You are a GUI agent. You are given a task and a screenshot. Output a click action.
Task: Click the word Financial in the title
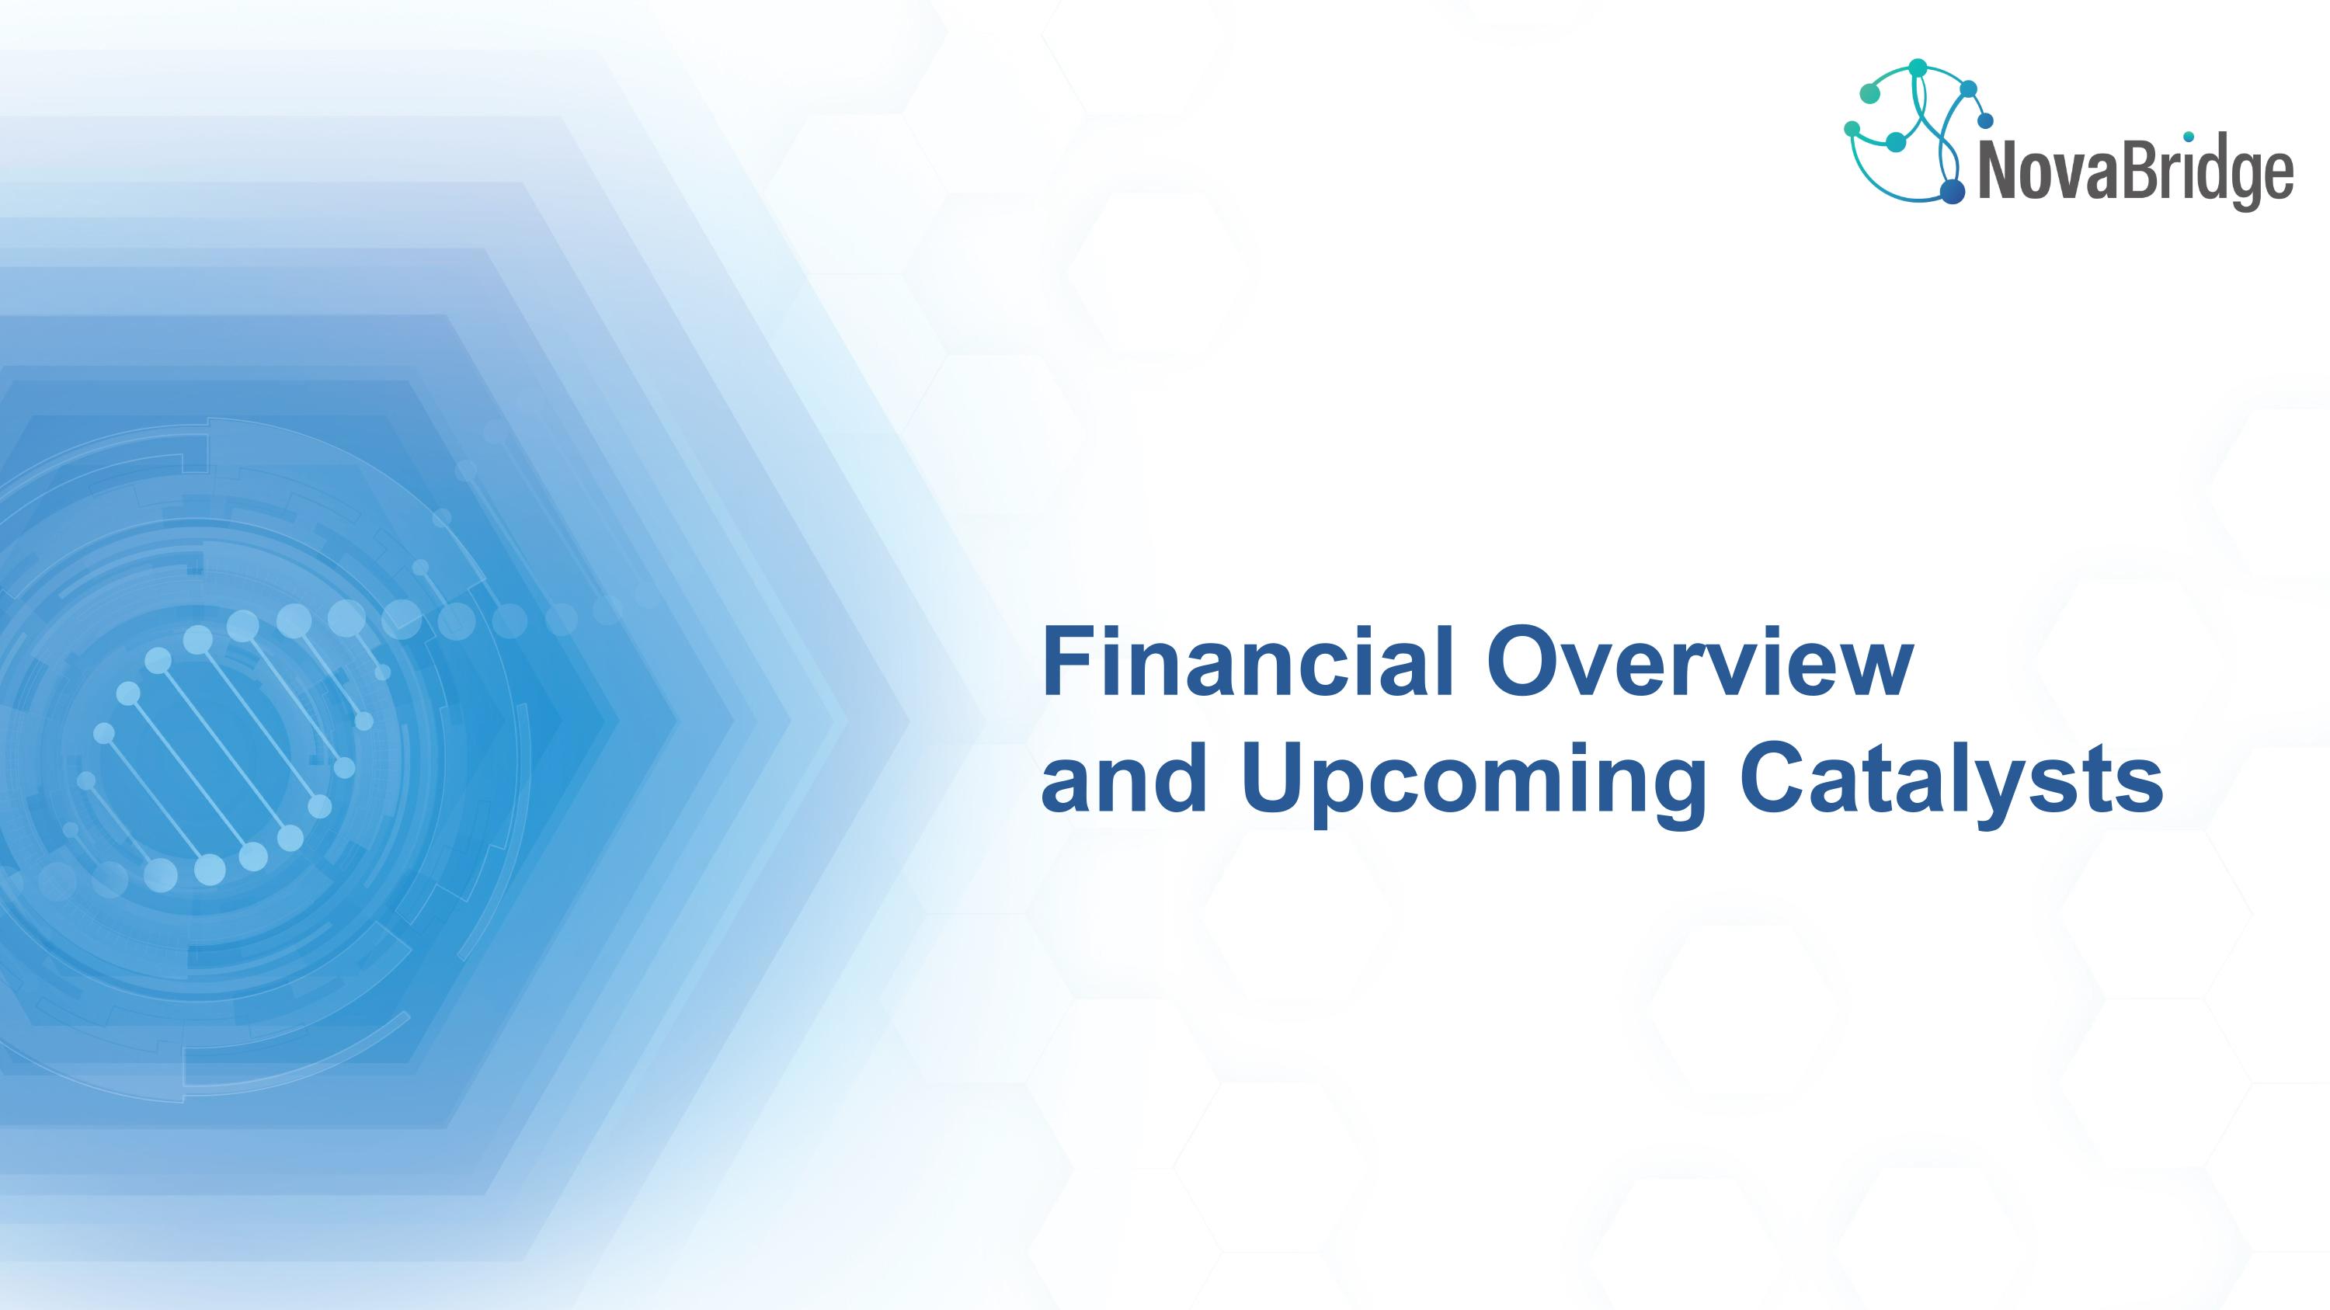[x=1247, y=661]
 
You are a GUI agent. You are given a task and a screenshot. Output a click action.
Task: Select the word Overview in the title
[x=1699, y=661]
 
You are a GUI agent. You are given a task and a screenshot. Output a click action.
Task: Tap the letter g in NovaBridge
[x=2240, y=183]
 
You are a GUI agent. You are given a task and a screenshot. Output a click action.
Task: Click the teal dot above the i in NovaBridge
[x=2188, y=137]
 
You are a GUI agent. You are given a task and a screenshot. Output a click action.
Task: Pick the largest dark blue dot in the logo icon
[x=1952, y=191]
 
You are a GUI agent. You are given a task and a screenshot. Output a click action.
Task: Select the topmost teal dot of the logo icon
[x=1917, y=68]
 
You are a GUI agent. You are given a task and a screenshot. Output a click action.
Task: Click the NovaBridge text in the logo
[x=2137, y=175]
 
